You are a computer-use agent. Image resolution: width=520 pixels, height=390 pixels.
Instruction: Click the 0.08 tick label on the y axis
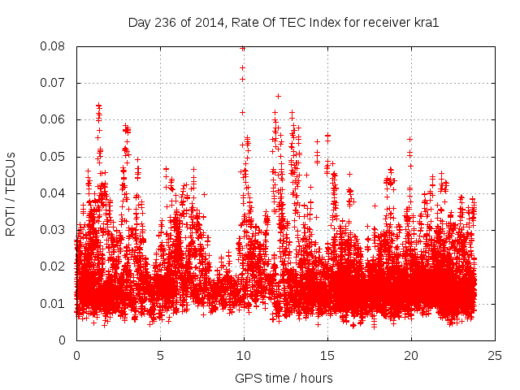pos(54,46)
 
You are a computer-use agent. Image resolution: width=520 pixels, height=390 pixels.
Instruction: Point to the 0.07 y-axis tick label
pos(54,83)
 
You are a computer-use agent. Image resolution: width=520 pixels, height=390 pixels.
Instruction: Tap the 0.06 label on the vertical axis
pos(54,119)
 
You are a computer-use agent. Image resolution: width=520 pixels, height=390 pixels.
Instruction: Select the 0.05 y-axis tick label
pos(54,156)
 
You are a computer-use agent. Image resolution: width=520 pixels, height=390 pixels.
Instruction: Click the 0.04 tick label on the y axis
pos(54,193)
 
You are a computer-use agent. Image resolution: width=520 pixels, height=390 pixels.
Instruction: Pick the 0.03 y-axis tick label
pos(54,230)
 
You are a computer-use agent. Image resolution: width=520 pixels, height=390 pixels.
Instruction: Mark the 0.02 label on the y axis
pos(54,266)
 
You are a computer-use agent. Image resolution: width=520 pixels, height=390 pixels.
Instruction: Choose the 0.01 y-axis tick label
pos(54,303)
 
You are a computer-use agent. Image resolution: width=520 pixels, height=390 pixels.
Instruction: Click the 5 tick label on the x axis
pos(160,356)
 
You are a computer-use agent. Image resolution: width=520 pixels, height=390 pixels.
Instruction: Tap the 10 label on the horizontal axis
pos(244,356)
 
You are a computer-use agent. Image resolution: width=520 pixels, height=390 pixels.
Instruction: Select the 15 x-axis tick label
pos(327,356)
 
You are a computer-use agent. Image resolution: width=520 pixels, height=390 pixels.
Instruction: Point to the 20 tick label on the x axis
pos(411,356)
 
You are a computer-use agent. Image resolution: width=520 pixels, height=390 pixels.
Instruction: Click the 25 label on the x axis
pos(495,356)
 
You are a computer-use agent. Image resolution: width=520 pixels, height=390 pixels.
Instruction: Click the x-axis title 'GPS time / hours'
pos(284,378)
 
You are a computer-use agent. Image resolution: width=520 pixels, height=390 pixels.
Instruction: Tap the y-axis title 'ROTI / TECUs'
pos(11,193)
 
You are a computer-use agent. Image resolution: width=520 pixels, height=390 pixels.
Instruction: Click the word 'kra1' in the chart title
pos(426,23)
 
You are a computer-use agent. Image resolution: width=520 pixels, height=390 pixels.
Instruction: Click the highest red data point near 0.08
pos(243,48)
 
